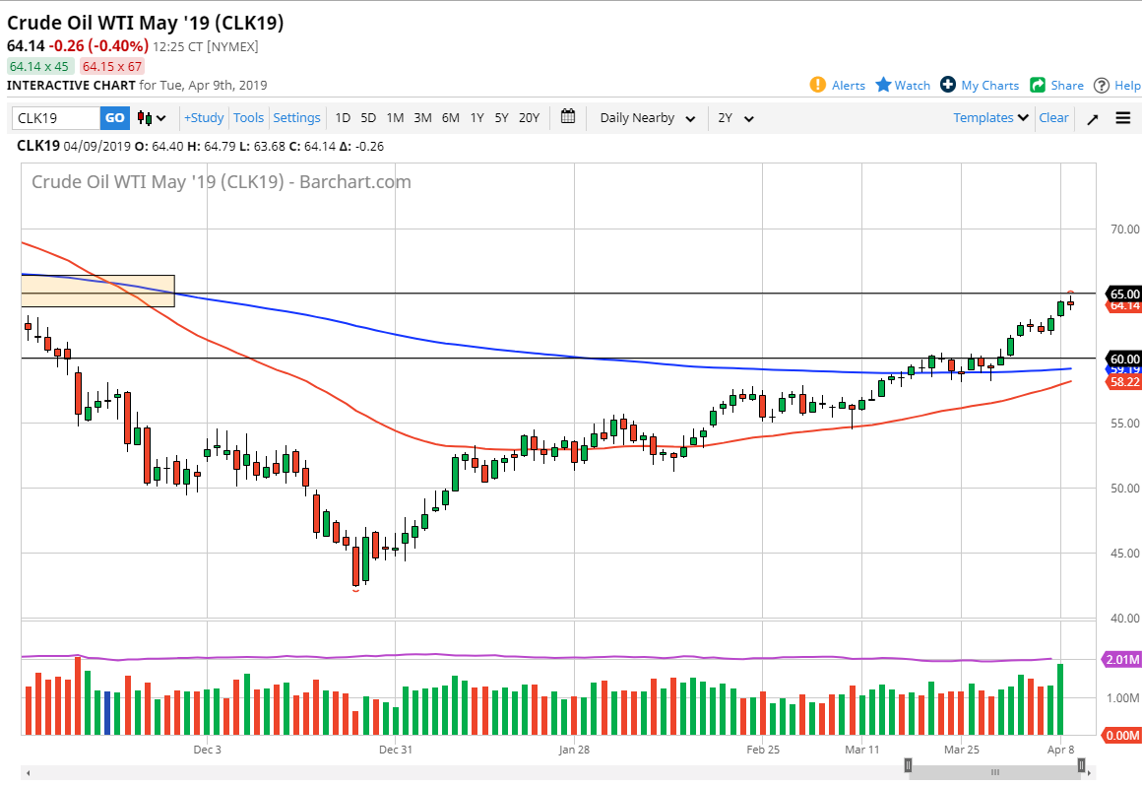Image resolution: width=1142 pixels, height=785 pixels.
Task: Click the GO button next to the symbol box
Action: click(115, 118)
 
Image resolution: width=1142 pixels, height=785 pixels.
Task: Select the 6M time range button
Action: click(450, 118)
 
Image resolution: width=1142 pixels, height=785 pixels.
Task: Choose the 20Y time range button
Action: click(529, 118)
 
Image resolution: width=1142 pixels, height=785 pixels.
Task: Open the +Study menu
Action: click(204, 118)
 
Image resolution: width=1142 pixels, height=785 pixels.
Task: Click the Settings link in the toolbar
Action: click(296, 118)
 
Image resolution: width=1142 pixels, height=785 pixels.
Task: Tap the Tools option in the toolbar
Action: click(248, 118)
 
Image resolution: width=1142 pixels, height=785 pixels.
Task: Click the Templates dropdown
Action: click(990, 118)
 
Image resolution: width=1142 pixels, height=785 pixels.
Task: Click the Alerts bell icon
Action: click(818, 85)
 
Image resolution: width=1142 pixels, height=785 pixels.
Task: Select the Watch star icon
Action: click(883, 85)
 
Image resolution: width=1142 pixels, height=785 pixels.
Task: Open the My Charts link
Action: click(948, 85)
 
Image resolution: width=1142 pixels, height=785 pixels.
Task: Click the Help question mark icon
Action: click(1102, 85)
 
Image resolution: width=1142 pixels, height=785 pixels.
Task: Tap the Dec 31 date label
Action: click(395, 750)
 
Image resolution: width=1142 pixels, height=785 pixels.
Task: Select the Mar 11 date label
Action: click(861, 750)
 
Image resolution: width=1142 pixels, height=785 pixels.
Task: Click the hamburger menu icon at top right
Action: click(1123, 118)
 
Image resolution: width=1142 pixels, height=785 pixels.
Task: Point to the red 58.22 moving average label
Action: click(1124, 381)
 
